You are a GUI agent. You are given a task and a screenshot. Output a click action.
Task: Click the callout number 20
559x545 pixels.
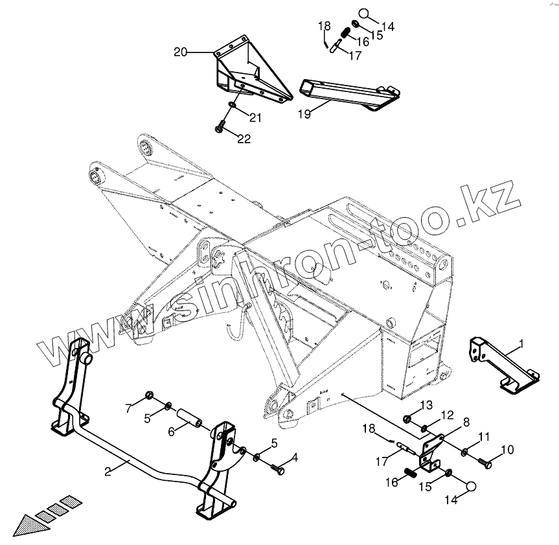coord(181,51)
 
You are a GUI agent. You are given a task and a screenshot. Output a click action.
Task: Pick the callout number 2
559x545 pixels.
coord(108,471)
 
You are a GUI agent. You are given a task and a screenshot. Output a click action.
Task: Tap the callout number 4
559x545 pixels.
coord(295,458)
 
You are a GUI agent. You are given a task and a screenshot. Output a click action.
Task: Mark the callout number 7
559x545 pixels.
coord(128,407)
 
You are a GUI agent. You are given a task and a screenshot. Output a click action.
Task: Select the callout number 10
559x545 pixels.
coord(507,449)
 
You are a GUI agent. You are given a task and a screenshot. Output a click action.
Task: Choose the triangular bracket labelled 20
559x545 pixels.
coord(249,71)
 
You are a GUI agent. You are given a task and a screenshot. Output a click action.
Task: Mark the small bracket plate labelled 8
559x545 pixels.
coord(431,450)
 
